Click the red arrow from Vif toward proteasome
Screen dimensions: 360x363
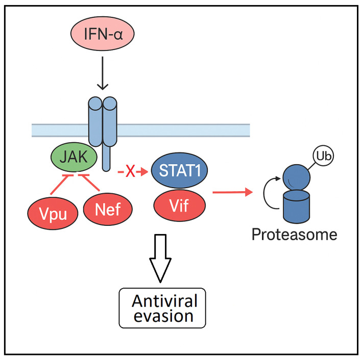[233, 206]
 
